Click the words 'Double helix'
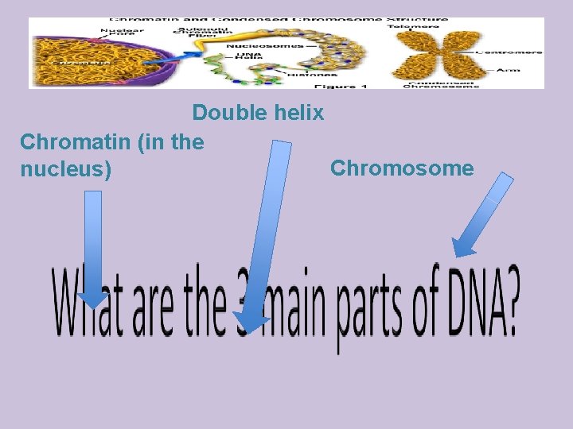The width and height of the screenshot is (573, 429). [x=258, y=113]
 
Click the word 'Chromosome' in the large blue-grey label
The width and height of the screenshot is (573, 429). [x=402, y=168]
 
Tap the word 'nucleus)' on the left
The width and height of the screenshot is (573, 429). [x=65, y=170]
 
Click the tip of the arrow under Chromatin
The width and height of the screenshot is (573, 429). [x=93, y=303]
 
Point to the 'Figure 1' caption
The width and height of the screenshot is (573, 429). [x=341, y=85]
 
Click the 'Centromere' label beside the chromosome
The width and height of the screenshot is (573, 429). [x=509, y=52]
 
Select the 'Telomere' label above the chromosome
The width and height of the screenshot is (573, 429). [x=413, y=25]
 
